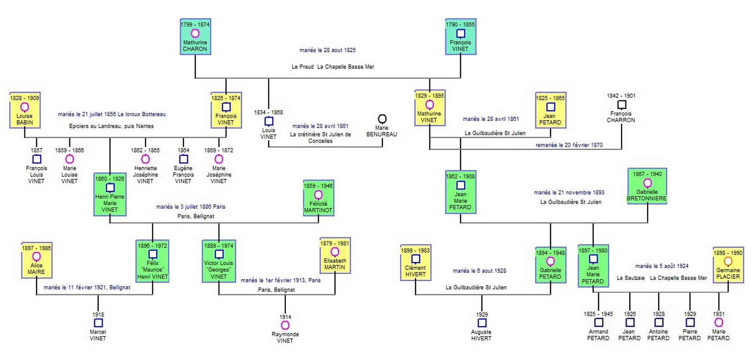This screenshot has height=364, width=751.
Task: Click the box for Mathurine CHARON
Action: click(x=195, y=37)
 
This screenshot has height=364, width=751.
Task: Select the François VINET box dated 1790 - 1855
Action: click(x=460, y=37)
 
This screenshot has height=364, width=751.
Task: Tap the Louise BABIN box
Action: click(x=25, y=110)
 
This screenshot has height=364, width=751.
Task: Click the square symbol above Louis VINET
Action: click(x=269, y=121)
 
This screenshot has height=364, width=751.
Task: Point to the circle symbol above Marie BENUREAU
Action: click(x=382, y=119)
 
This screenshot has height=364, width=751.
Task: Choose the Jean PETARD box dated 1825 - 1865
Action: click(x=550, y=110)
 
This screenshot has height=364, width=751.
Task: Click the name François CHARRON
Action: click(x=621, y=117)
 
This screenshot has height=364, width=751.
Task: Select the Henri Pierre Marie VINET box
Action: click(x=110, y=194)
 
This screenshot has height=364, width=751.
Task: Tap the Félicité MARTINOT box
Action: click(x=318, y=198)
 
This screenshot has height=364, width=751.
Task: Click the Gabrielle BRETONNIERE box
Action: click(x=647, y=186)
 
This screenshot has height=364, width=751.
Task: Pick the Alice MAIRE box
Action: click(x=37, y=260)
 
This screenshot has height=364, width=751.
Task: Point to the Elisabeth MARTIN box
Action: click(x=335, y=255)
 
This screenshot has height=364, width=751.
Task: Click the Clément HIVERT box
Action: click(x=416, y=263)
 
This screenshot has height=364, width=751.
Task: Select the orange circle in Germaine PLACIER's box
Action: click(x=728, y=261)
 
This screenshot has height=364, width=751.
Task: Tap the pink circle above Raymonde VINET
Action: click(x=285, y=325)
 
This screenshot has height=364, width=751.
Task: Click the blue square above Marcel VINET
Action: click(x=98, y=323)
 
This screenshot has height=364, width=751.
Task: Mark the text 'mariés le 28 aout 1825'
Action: click(x=328, y=50)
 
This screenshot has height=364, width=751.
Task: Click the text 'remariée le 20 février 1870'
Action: click(x=569, y=145)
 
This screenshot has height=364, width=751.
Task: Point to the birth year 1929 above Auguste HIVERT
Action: click(x=482, y=315)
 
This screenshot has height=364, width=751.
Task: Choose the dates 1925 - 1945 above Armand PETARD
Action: click(x=598, y=314)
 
